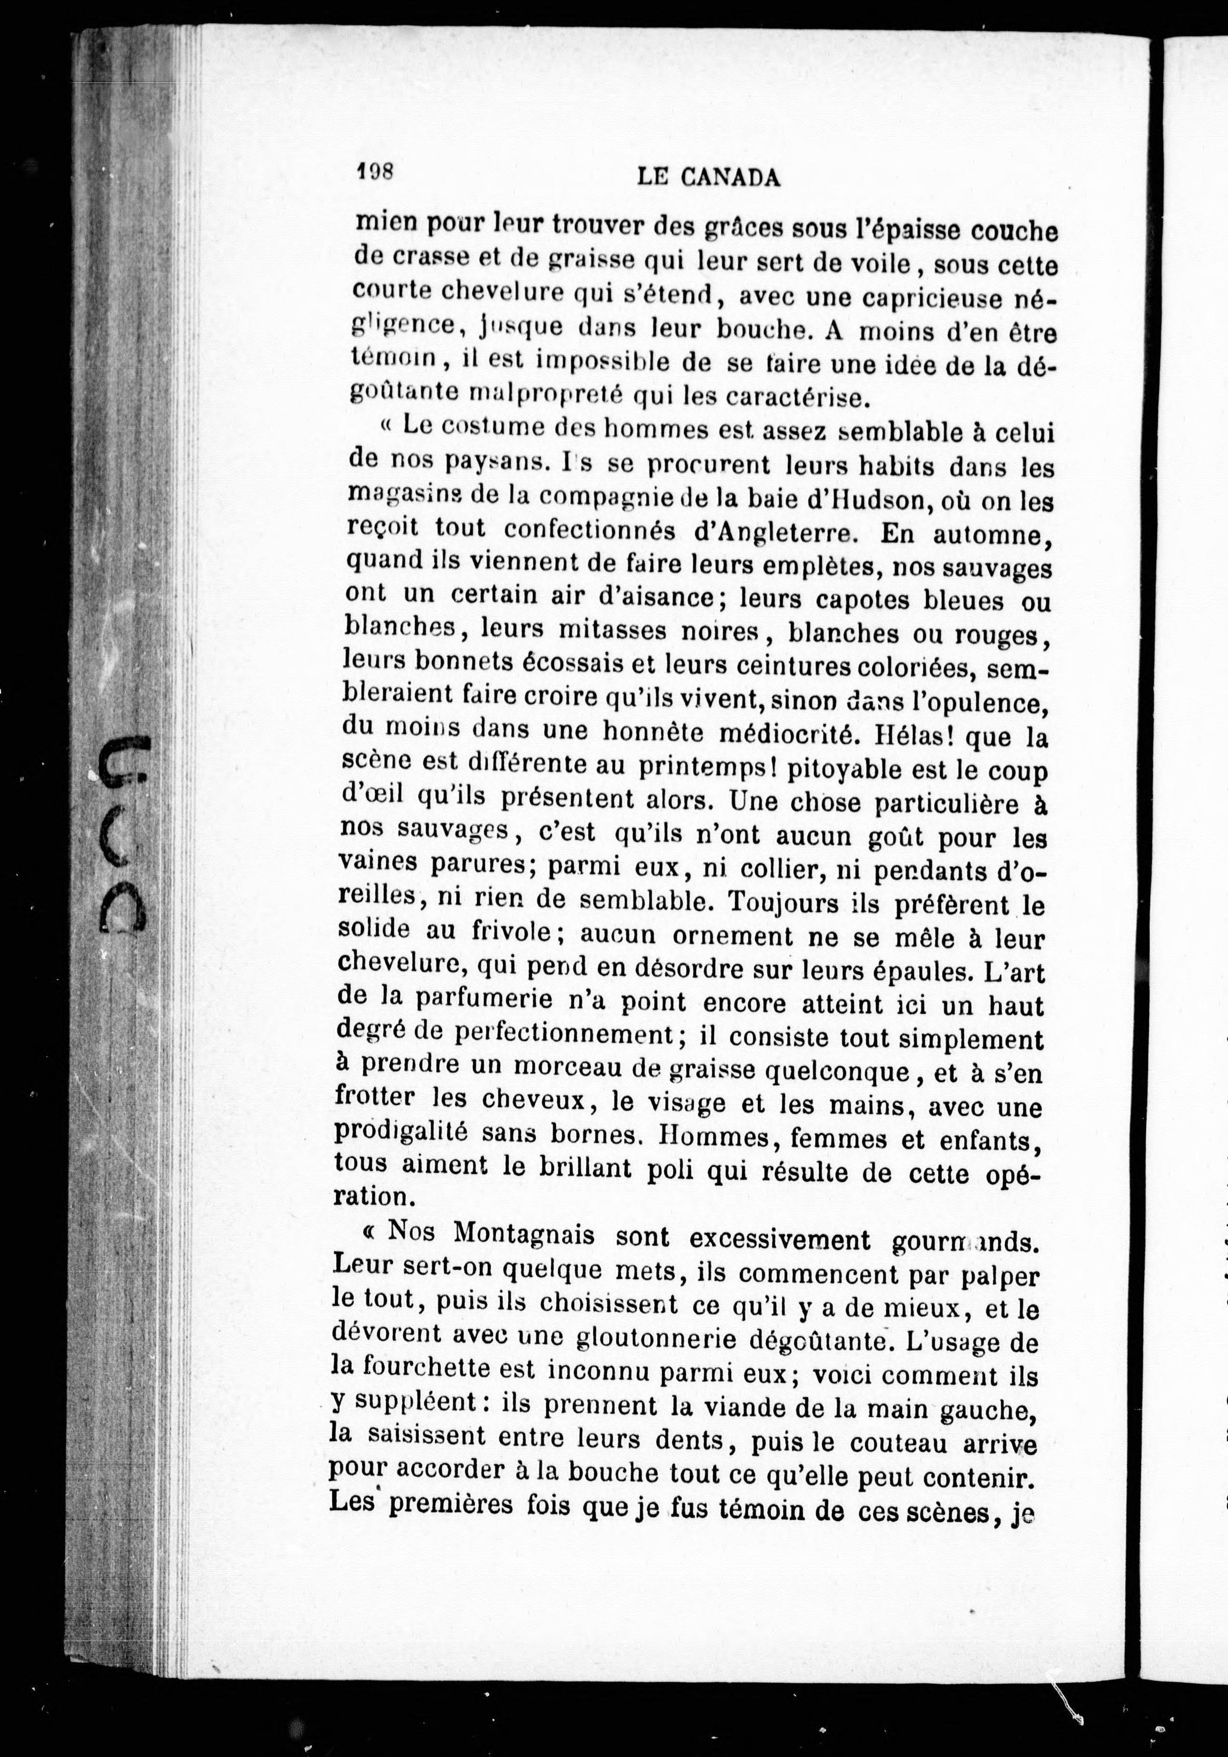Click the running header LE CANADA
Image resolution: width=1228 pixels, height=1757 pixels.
[x=708, y=178]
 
